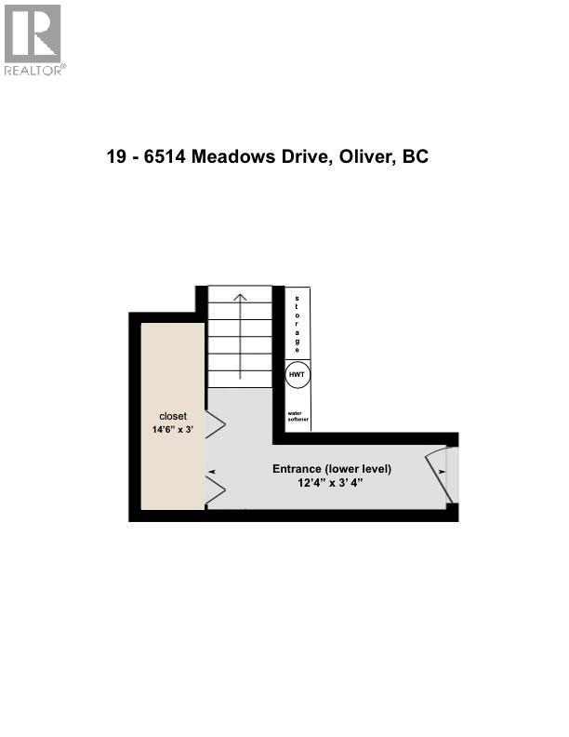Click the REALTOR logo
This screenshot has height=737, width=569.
(33, 38)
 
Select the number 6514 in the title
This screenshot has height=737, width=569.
(167, 157)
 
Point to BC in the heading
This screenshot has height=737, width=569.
(415, 157)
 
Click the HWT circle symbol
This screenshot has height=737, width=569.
(298, 374)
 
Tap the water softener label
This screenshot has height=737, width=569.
(298, 416)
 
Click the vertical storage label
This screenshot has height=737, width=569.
(298, 322)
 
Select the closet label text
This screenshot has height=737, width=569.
(173, 416)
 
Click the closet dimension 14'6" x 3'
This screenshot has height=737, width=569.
(173, 430)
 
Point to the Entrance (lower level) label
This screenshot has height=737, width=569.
(332, 469)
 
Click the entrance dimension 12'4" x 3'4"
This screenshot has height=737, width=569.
(332, 484)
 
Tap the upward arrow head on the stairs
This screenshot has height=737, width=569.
(240, 298)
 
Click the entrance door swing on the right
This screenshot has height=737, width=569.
(437, 475)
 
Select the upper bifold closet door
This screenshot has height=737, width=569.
(214, 425)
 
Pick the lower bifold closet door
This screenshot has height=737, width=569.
(214, 490)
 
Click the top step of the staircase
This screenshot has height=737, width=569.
(240, 294)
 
